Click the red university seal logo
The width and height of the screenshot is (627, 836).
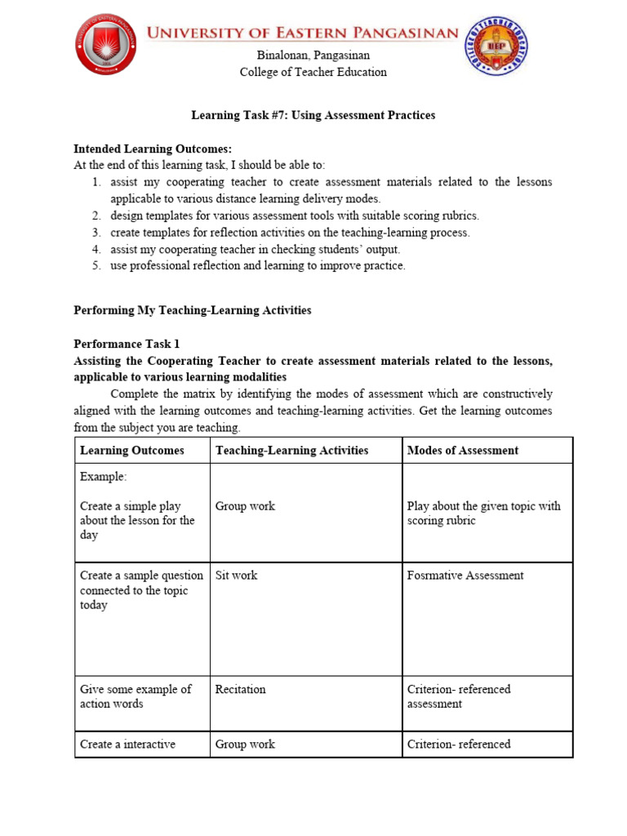tap(106, 44)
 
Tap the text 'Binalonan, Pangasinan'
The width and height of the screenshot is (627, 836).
tap(313, 56)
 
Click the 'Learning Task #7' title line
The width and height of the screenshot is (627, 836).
tap(313, 115)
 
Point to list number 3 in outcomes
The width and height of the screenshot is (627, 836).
tap(96, 233)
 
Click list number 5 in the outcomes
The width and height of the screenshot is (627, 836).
tap(96, 265)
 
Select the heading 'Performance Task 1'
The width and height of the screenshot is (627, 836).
tap(127, 344)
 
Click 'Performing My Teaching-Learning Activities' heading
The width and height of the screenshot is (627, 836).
tap(193, 310)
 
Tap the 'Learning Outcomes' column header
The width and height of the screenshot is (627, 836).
tap(132, 450)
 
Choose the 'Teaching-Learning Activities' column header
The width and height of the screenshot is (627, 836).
tap(291, 450)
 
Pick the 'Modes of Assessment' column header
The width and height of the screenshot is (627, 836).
tap(462, 450)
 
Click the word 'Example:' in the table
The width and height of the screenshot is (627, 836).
tap(104, 476)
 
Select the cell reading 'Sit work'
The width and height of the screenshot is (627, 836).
tap(236, 575)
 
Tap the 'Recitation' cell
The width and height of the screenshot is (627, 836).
tap(240, 689)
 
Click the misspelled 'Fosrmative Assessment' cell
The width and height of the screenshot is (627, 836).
tap(465, 575)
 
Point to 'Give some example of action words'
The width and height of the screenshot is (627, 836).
tap(136, 696)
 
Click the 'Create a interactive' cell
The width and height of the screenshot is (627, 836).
tap(127, 744)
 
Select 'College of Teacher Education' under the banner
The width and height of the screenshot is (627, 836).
tap(313, 72)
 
